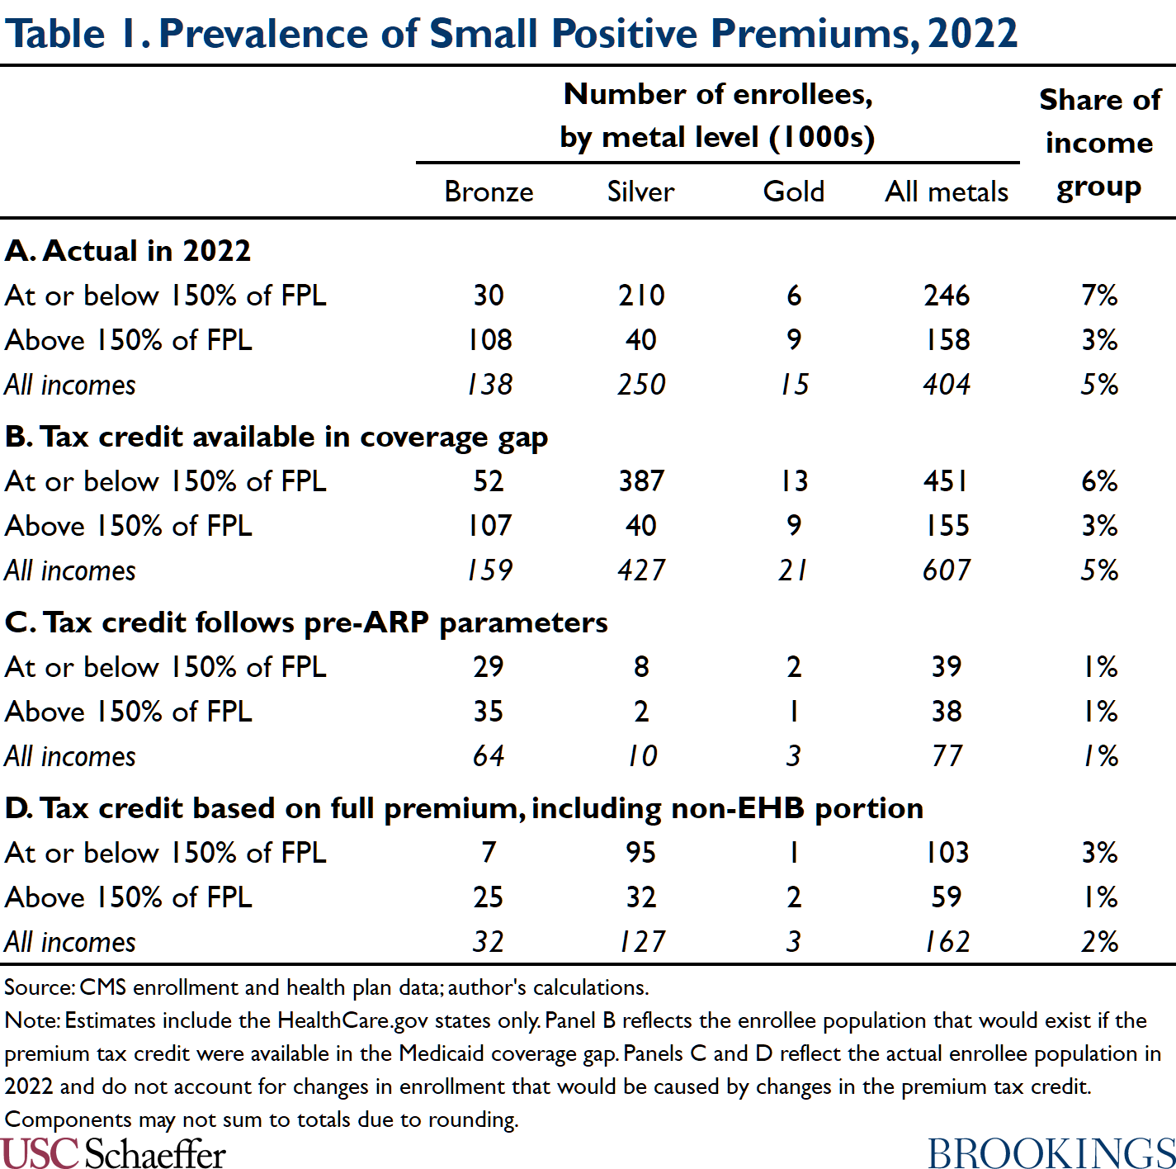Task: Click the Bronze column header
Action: [x=489, y=192]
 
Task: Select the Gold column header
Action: [x=793, y=192]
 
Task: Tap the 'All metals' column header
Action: [x=947, y=192]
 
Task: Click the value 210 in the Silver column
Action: [x=641, y=296]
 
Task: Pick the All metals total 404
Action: [x=947, y=385]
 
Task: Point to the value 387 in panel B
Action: [x=641, y=481]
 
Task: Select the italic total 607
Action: [x=947, y=570]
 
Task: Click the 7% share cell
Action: [x=1099, y=296]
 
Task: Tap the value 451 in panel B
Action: [x=946, y=481]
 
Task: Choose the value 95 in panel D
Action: [x=641, y=853]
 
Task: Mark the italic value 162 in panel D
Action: [x=947, y=942]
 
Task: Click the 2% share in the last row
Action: [x=1099, y=942]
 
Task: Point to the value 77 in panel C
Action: [x=947, y=756]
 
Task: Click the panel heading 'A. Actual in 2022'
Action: [x=128, y=251]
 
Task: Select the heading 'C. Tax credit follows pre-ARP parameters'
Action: [x=306, y=622]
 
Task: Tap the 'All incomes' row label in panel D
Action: [x=70, y=942]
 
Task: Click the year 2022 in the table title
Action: [x=972, y=34]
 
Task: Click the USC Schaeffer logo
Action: [x=113, y=1153]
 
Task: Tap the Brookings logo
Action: [x=1051, y=1153]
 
